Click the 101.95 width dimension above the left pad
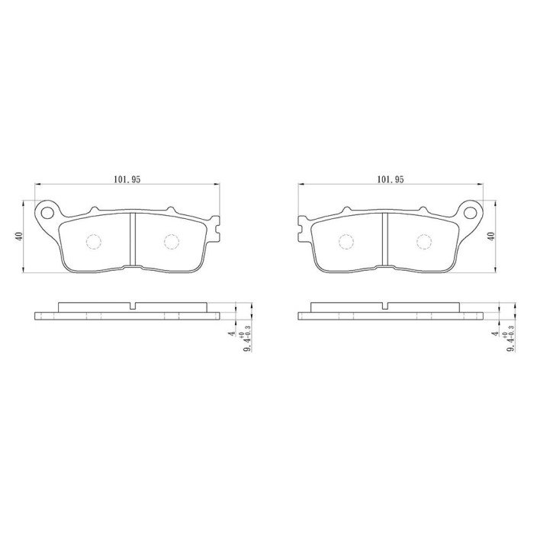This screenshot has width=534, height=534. pos(127,179)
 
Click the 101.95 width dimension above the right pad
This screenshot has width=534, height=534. pos(389,179)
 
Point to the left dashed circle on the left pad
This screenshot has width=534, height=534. pos(94,242)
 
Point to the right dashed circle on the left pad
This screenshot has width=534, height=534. pos(172,242)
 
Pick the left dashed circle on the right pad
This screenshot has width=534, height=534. pos(346,242)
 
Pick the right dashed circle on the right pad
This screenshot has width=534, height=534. pos(424,242)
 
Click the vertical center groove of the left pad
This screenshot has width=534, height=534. pos(133,240)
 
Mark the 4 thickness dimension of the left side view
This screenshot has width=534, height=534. pos(229,333)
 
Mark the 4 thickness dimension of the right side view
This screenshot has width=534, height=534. pos(495,333)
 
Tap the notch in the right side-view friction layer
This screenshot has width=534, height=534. pos(385,307)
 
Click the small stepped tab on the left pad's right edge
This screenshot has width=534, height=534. pos(218,227)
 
